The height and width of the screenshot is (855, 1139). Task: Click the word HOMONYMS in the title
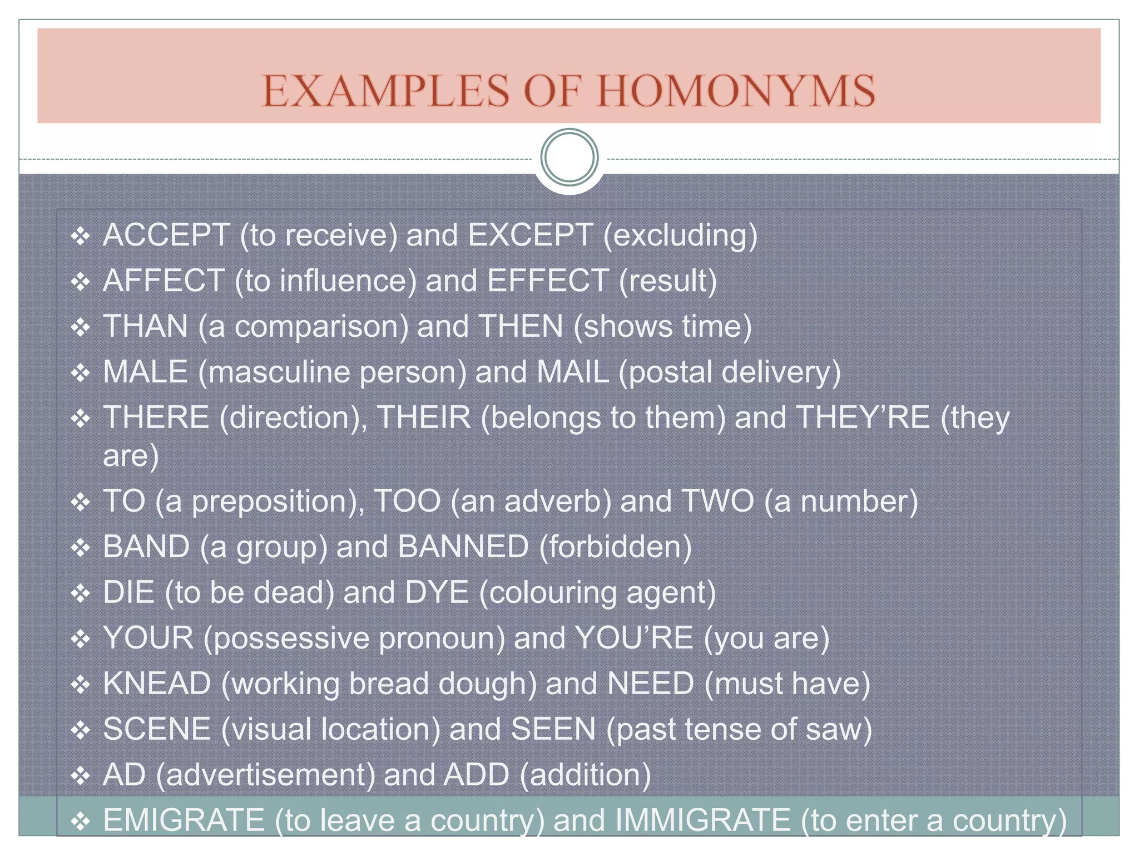(736, 91)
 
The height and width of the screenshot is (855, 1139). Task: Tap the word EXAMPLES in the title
(385, 91)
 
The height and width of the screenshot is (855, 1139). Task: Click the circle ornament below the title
(569, 158)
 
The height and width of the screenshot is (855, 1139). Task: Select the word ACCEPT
(166, 235)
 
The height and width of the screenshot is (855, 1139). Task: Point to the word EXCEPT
(530, 235)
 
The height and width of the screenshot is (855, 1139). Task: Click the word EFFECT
(548, 281)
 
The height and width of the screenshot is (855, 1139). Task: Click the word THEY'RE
(863, 417)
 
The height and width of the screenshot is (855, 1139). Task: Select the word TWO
(717, 501)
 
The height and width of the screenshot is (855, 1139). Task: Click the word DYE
(437, 592)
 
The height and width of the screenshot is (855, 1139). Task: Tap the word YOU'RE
(634, 638)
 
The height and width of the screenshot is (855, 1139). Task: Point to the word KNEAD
(157, 684)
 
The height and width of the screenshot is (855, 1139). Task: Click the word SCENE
(157, 729)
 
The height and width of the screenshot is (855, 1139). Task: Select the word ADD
(476, 775)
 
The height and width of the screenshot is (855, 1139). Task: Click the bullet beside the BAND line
(81, 548)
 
